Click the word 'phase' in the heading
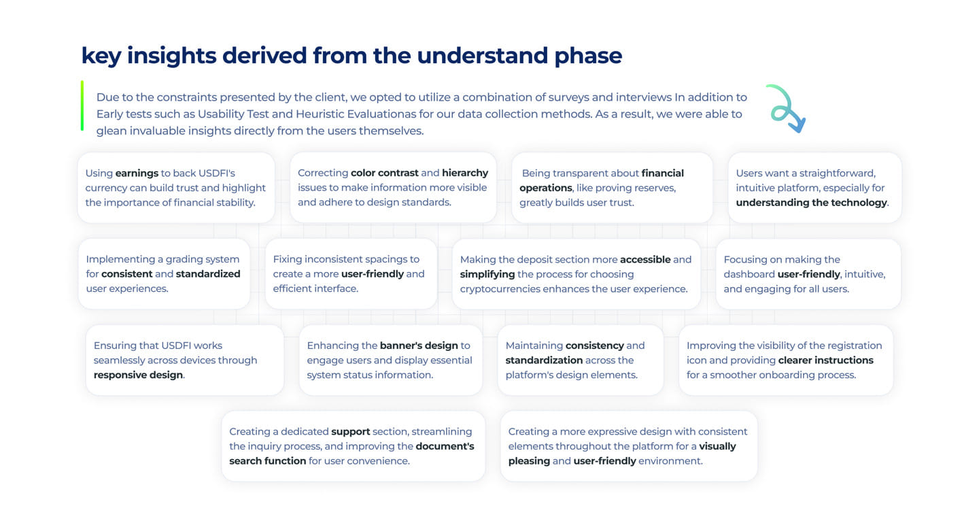tap(588, 56)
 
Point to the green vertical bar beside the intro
tap(82, 105)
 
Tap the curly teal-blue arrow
tap(786, 109)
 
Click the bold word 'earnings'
tap(137, 173)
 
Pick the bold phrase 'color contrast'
tap(385, 173)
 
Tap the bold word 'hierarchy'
tap(465, 173)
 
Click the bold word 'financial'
tap(663, 173)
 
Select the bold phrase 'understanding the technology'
tap(812, 203)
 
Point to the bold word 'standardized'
tap(208, 274)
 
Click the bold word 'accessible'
tap(645, 260)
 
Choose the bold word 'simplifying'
tap(487, 275)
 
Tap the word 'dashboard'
tap(749, 274)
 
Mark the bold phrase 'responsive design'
tap(138, 375)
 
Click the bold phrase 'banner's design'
tap(419, 346)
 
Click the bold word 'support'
tap(351, 432)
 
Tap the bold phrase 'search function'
tap(267, 461)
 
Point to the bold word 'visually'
tap(718, 447)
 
